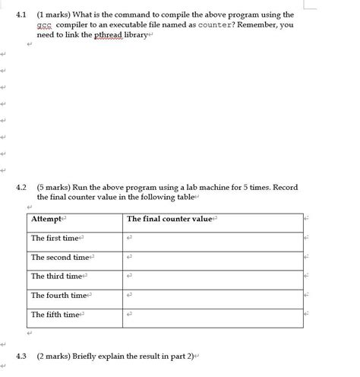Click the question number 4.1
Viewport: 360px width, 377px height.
pos(21,14)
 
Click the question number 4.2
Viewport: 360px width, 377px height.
pos(21,187)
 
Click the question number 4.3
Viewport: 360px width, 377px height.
pos(21,356)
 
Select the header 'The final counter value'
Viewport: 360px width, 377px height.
pos(169,219)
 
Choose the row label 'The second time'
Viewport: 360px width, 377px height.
pos(60,257)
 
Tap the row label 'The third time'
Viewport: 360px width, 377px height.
pos(57,276)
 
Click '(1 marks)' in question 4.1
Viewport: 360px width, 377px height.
pos(55,14)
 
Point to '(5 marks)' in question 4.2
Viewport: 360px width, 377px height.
pos(55,187)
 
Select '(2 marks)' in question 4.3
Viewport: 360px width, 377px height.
pos(55,356)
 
